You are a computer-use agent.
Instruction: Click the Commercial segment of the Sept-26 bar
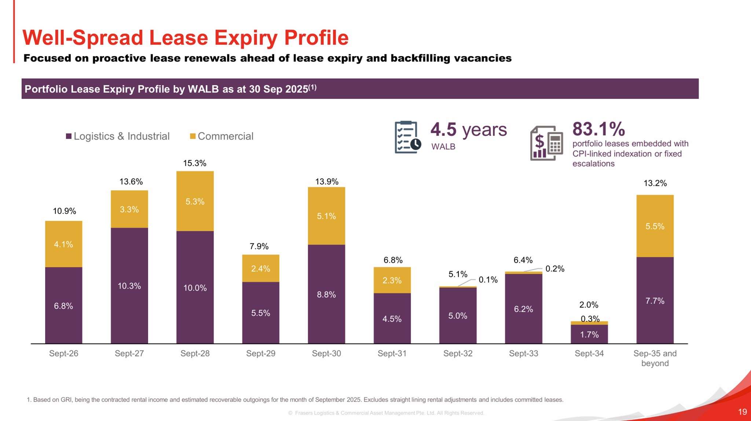point(63,244)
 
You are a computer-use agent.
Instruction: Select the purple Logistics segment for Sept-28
point(195,288)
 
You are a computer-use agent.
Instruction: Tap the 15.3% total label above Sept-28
point(195,163)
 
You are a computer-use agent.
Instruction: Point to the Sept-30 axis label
point(326,354)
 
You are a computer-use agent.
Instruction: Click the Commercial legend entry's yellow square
point(193,136)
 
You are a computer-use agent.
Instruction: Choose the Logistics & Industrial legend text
point(121,136)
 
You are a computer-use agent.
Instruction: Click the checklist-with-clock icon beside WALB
point(407,137)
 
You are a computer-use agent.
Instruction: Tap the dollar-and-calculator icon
point(546,143)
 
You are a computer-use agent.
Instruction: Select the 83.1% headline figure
point(598,129)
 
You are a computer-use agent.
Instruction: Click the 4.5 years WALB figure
point(468,130)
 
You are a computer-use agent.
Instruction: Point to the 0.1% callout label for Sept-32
point(488,280)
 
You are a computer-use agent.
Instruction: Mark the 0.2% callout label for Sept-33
point(555,269)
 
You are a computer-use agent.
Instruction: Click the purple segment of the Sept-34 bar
point(589,334)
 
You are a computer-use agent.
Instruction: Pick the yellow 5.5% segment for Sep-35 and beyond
point(655,226)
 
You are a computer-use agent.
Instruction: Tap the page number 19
point(742,412)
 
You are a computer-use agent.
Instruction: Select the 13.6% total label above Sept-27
point(131,181)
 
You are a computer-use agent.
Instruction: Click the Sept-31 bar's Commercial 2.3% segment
point(392,280)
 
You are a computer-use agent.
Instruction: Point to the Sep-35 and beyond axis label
point(655,358)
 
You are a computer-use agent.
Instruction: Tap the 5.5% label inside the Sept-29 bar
point(260,313)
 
